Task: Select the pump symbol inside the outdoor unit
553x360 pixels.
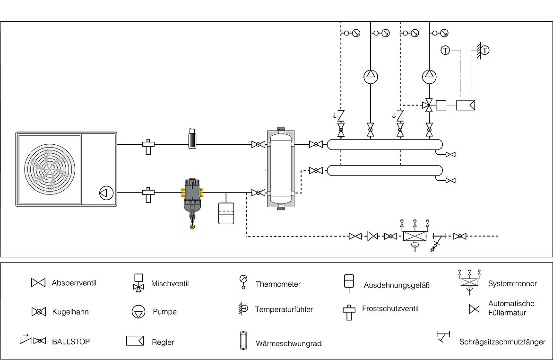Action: click(106, 193)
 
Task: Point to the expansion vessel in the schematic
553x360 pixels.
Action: click(226, 213)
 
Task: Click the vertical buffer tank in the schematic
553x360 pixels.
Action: click(281, 169)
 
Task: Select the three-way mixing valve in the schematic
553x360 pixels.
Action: click(429, 105)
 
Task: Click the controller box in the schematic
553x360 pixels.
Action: click(466, 105)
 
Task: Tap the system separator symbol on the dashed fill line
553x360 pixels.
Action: click(415, 236)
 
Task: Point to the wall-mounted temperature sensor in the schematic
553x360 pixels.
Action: click(483, 51)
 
